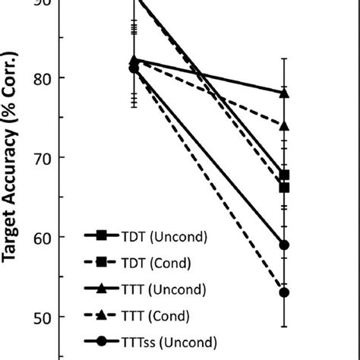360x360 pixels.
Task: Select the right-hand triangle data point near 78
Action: pos(284,93)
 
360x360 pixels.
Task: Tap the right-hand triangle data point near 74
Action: pos(284,125)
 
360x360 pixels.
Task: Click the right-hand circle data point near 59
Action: pos(284,245)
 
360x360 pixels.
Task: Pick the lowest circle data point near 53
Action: pos(284,292)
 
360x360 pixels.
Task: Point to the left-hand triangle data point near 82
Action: pos(134,60)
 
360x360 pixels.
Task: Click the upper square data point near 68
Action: pos(284,175)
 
